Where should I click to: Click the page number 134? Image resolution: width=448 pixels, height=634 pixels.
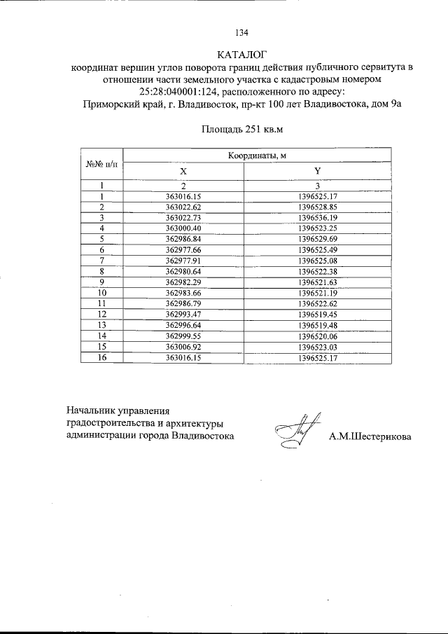242,32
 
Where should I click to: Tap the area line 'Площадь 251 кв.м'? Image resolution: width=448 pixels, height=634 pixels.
241,129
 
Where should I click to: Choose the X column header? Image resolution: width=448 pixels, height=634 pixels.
183,171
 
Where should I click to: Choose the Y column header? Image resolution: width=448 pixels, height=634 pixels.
318,171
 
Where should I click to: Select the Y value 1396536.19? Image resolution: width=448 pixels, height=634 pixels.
318,218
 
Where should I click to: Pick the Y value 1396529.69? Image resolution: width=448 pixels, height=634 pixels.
318,239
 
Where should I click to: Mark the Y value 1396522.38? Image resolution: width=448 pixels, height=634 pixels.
318,270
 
